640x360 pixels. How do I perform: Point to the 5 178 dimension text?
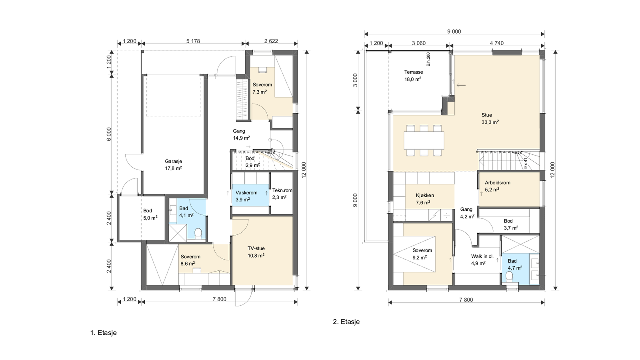[193, 41]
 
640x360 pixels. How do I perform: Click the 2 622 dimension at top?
[271, 41]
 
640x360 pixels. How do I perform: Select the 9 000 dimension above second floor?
[454, 32]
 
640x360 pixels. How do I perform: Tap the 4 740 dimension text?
[496, 43]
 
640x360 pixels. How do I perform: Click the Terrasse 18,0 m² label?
[413, 76]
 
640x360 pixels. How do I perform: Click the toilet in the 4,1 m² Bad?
[197, 233]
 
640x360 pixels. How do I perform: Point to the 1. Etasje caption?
[103, 332]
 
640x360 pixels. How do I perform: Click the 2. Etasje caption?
[346, 322]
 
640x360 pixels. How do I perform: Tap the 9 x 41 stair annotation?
[526, 163]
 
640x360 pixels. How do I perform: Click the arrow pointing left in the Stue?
[461, 85]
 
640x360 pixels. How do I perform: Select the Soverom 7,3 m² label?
[262, 88]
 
